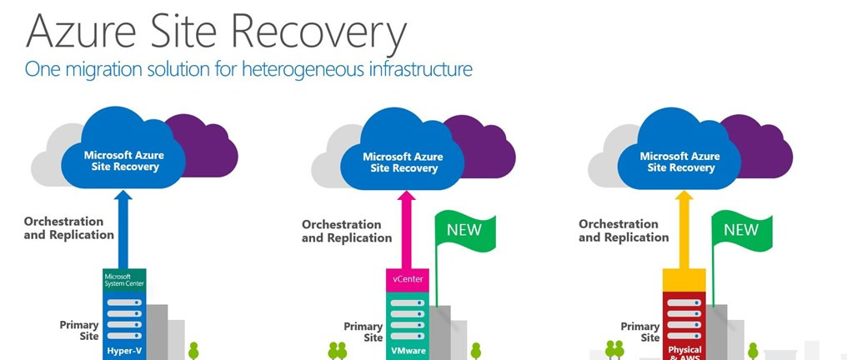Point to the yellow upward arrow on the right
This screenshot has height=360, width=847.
[684, 233]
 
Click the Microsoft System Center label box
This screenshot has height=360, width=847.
[124, 278]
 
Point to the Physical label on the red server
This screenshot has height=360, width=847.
[684, 350]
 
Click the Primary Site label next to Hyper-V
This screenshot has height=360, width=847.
[79, 331]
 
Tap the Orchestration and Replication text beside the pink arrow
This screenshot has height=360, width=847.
[347, 231]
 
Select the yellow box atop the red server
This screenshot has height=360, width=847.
[684, 279]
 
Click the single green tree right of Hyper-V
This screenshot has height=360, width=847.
[193, 349]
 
